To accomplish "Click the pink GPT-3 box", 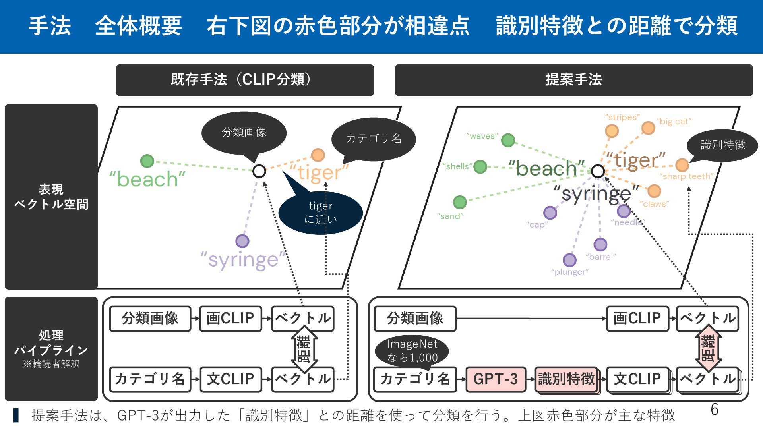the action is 496,379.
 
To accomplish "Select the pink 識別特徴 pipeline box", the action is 567,379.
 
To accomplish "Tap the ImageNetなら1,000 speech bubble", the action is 412,351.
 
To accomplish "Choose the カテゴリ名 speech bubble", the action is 374,139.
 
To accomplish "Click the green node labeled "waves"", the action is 508,140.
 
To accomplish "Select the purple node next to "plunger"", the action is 569,260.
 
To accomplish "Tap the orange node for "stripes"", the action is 612,131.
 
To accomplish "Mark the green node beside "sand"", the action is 460,202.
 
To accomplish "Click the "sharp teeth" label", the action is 686,176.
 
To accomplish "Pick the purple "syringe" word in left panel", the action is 243,260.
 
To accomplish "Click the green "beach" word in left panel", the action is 147,179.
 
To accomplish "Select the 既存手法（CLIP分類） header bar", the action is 245,80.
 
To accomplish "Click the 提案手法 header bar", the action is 574,80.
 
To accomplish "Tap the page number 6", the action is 714,409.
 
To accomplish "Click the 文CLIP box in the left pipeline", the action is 230,379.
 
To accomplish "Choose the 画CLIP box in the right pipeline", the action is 637,319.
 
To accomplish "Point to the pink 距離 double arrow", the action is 708,348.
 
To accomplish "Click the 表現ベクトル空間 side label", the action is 51,197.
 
